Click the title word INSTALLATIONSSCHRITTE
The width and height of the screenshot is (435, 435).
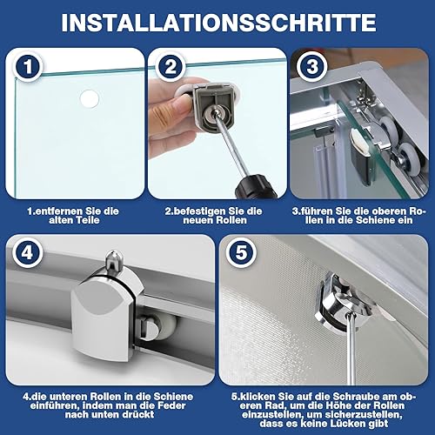tap(217, 21)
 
